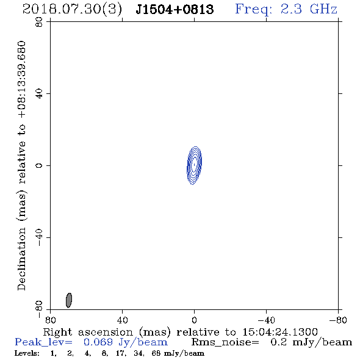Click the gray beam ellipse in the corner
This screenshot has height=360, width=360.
coord(69,300)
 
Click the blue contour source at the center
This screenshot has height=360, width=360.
coord(194,165)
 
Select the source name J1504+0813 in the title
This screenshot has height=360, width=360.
coord(175,9)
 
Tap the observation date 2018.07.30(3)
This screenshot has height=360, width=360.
coord(72,10)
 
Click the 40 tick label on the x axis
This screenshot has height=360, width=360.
coord(122,320)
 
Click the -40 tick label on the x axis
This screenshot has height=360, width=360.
coord(266,320)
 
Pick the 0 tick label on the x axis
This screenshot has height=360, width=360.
coord(194,320)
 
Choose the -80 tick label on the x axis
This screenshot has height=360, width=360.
coord(338,320)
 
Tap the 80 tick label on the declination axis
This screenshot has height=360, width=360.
coord(39,22)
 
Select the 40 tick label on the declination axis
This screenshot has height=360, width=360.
coord(39,94)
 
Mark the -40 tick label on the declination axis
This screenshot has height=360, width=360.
coord(39,237)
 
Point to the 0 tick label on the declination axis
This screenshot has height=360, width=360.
coord(39,165)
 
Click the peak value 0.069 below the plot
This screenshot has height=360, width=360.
coord(98,342)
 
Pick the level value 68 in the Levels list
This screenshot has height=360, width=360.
coord(156,353)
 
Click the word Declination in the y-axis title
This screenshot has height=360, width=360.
coord(21,259)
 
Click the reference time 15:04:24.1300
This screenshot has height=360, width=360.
coord(280,332)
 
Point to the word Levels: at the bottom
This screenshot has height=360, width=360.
coord(27,353)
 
